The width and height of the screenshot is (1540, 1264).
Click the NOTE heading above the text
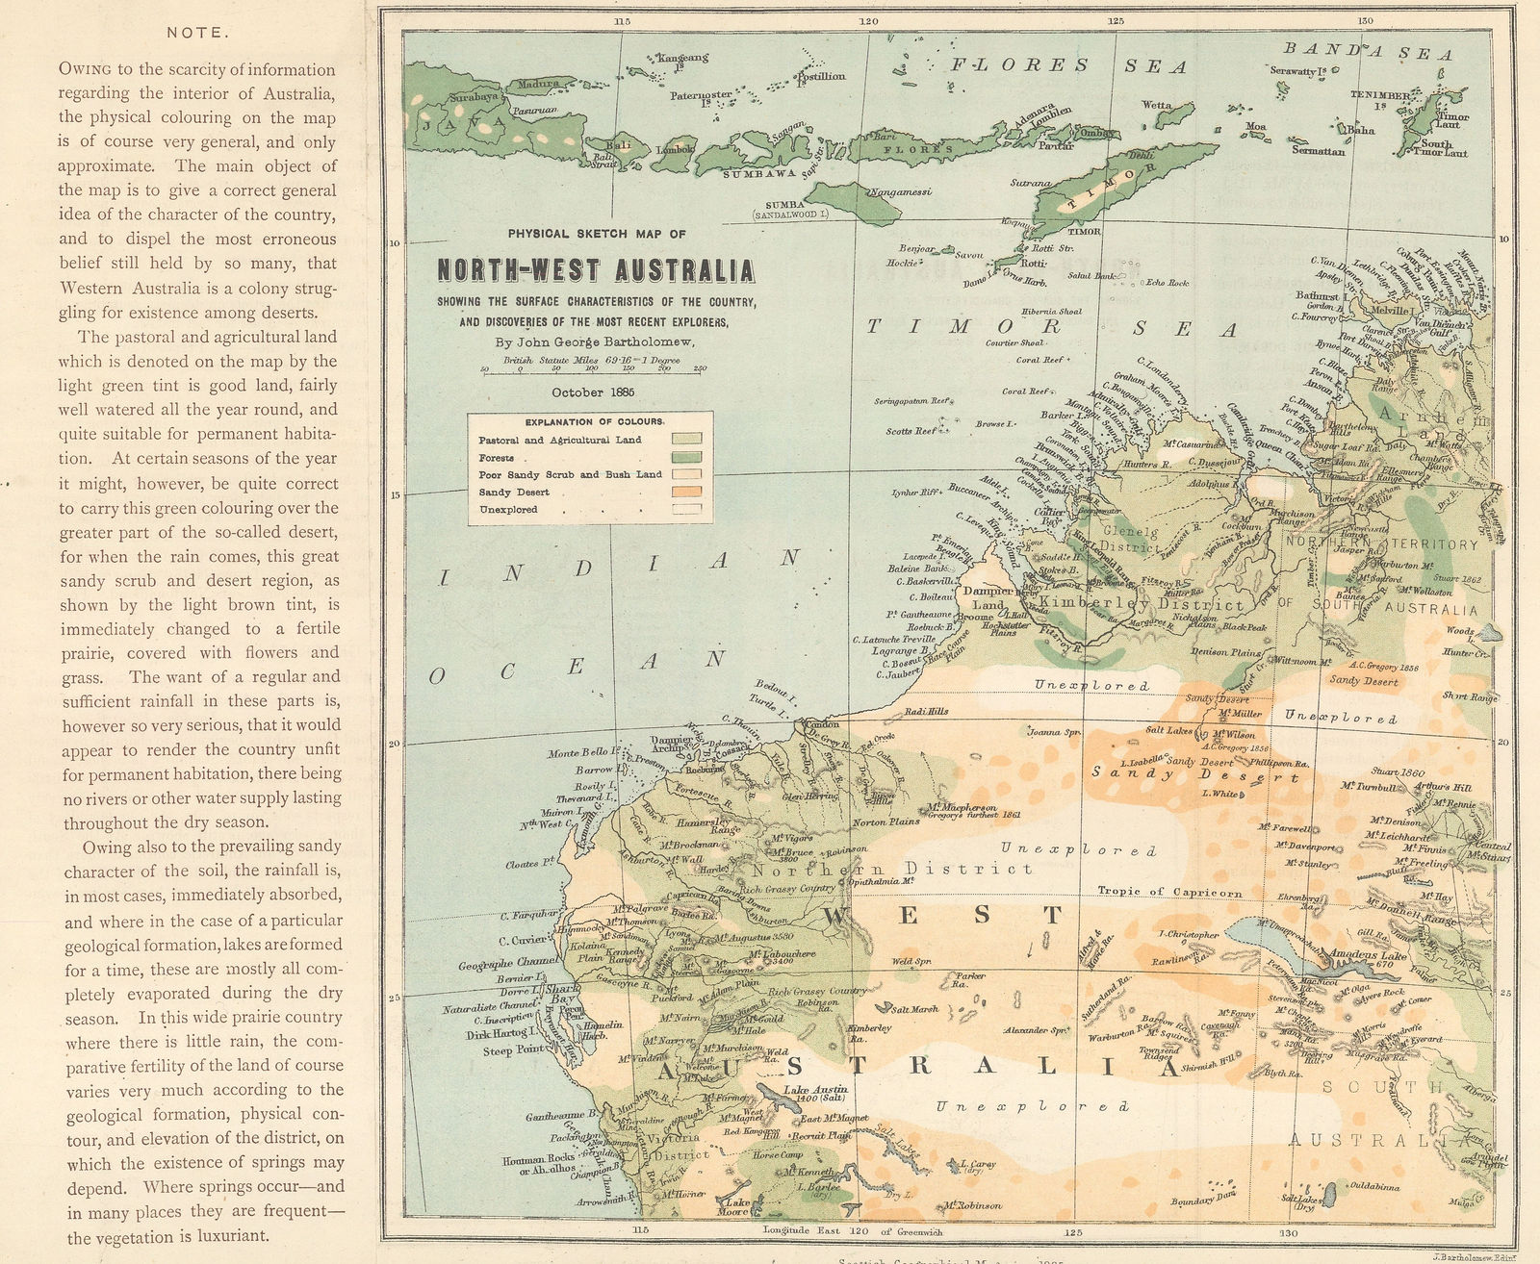pos(196,33)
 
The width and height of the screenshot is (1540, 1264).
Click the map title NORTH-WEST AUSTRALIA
pos(596,271)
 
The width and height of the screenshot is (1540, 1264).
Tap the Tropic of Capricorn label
pos(1169,892)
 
